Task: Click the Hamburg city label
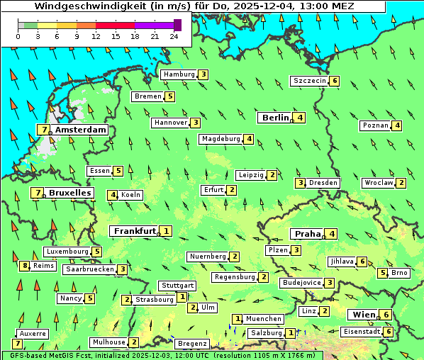pyautogui.click(x=179, y=74)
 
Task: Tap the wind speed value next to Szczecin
pyautogui.click(x=335, y=81)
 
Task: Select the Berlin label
pyautogui.click(x=276, y=118)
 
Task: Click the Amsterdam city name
pyautogui.click(x=80, y=130)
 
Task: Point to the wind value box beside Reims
pyautogui.click(x=25, y=266)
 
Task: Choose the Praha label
pyautogui.click(x=308, y=234)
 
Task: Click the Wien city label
pyautogui.click(x=362, y=315)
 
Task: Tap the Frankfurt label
pyautogui.click(x=135, y=231)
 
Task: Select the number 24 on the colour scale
pyautogui.click(x=174, y=36)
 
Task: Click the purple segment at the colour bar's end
pyautogui.click(x=177, y=25)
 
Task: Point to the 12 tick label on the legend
pyautogui.click(x=96, y=36)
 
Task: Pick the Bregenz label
pyautogui.click(x=191, y=344)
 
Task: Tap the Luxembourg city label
pyautogui.click(x=67, y=252)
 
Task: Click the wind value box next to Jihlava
pyautogui.click(x=362, y=261)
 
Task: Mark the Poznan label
pyautogui.click(x=376, y=126)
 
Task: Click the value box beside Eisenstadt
pyautogui.click(x=389, y=332)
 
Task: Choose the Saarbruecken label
pyautogui.click(x=89, y=269)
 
